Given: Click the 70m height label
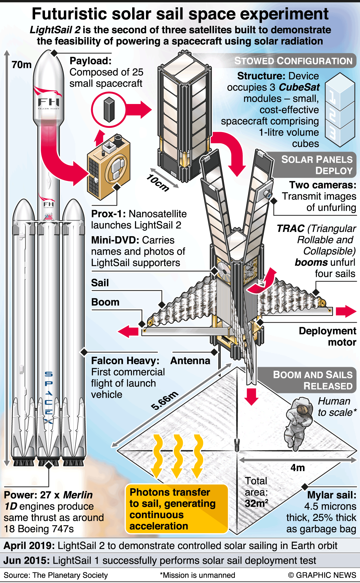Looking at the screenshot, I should click(x=22, y=65).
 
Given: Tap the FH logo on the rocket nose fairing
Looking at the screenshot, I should click(x=49, y=102).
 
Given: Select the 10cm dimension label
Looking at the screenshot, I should click(x=158, y=183).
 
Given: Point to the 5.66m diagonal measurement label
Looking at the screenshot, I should click(x=165, y=400).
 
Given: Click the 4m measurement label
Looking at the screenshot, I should click(x=298, y=467).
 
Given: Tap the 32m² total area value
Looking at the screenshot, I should click(x=256, y=503).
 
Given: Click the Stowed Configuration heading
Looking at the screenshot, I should click(x=293, y=61).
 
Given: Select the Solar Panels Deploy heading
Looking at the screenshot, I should click(x=317, y=165).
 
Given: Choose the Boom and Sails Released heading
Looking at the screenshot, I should click(x=312, y=380).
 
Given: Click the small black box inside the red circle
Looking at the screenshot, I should click(x=109, y=110).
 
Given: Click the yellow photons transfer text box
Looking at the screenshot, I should click(x=176, y=509).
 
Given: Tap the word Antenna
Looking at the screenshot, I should click(x=190, y=361).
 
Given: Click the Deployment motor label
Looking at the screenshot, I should click(x=327, y=336).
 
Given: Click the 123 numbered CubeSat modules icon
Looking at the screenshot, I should click(x=340, y=110).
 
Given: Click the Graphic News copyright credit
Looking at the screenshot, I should click(x=322, y=575).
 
